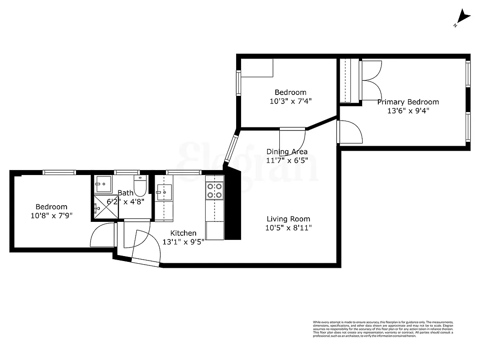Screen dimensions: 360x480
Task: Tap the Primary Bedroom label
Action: click(408, 102)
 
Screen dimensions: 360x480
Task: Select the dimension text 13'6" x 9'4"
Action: click(408, 111)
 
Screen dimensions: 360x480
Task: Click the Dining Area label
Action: click(287, 152)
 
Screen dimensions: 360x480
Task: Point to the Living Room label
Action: click(288, 219)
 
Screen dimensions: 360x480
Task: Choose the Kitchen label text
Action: click(183, 233)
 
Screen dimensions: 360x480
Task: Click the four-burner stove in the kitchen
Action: click(215, 191)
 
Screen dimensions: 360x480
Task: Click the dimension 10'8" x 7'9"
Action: click(51, 216)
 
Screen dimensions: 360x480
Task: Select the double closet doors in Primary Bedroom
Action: click(370, 80)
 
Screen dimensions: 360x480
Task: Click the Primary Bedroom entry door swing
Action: click(351, 133)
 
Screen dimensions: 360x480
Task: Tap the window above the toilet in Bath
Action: click(127, 172)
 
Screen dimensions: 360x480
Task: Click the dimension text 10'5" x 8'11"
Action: click(288, 228)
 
